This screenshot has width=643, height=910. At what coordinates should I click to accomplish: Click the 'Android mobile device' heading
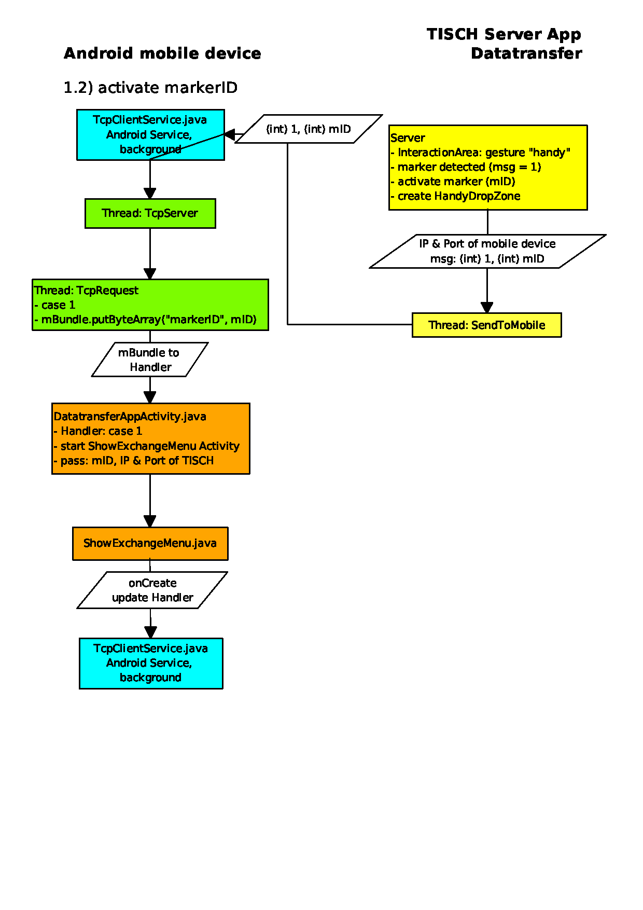pos(162,53)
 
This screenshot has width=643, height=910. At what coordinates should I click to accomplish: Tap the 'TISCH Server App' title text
pos(504,34)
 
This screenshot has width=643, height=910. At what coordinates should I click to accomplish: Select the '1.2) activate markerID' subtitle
pos(150,88)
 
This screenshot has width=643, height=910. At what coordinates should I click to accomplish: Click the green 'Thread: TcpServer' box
pos(150,213)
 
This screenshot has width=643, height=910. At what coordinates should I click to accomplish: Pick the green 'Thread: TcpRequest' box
pos(150,305)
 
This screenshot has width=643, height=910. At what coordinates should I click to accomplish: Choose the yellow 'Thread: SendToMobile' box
pos(486,325)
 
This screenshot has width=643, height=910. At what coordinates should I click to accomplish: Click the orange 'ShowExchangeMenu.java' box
pos(150,544)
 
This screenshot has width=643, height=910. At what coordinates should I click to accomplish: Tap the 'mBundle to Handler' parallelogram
pos(150,360)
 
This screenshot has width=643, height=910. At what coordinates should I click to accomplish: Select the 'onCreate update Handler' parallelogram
pos(152,590)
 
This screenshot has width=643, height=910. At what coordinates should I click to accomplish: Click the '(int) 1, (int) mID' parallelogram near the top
pos(309,129)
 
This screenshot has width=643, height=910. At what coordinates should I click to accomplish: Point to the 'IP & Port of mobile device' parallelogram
pos(487,251)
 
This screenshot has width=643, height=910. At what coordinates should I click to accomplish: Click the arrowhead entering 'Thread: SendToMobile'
pos(487,307)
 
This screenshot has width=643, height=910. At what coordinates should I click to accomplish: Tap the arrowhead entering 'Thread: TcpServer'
pos(150,194)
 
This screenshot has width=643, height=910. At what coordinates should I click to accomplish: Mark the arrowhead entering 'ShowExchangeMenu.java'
pos(150,521)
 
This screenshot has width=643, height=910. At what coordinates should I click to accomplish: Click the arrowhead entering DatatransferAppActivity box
pos(150,397)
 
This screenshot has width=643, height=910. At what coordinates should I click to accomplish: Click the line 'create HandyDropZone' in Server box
pos(455,196)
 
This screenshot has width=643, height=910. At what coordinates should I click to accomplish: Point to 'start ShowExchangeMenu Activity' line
pos(146,446)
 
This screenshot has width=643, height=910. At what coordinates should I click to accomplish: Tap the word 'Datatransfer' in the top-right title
pos(526,53)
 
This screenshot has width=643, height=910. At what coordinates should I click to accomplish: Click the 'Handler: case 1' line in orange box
pos(97,431)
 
